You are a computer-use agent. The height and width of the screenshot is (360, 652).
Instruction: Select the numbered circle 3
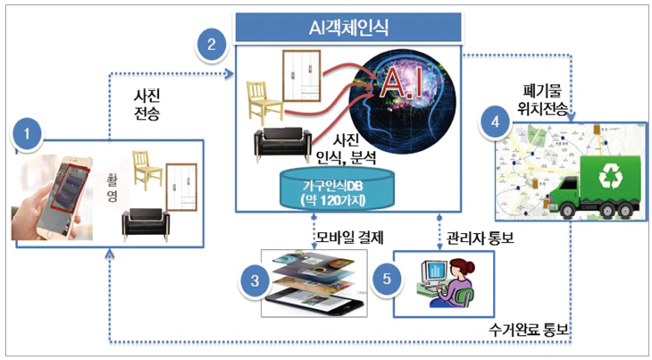pos(255,280)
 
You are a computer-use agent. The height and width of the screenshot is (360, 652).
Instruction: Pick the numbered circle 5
pos(387,280)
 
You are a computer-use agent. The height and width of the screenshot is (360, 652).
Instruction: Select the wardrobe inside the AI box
pos(304,77)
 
